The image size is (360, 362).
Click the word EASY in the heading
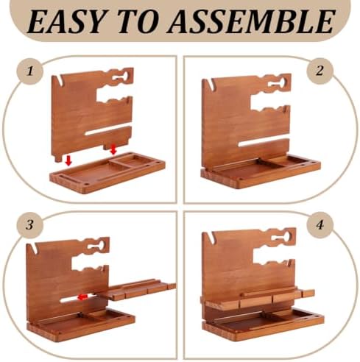pyautogui.click(x=65, y=21)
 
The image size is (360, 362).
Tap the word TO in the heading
pyautogui.click(x=138, y=21)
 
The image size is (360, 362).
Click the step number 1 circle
pyautogui.click(x=30, y=71)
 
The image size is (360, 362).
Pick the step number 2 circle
pyautogui.click(x=320, y=71)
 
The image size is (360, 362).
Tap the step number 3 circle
pyautogui.click(x=30, y=224)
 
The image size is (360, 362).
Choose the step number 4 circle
pyautogui.click(x=320, y=224)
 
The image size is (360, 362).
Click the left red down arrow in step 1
pyautogui.click(x=68, y=160)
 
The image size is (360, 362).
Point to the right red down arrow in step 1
pyautogui.click(x=113, y=149)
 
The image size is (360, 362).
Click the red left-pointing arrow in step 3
pyautogui.click(x=82, y=297)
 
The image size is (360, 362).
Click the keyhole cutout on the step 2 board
pyautogui.click(x=278, y=83)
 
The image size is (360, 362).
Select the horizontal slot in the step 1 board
pyautogui.click(x=108, y=129)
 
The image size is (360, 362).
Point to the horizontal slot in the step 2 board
pyautogui.click(x=264, y=143)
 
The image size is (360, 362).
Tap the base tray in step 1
pyautogui.click(x=107, y=173)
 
